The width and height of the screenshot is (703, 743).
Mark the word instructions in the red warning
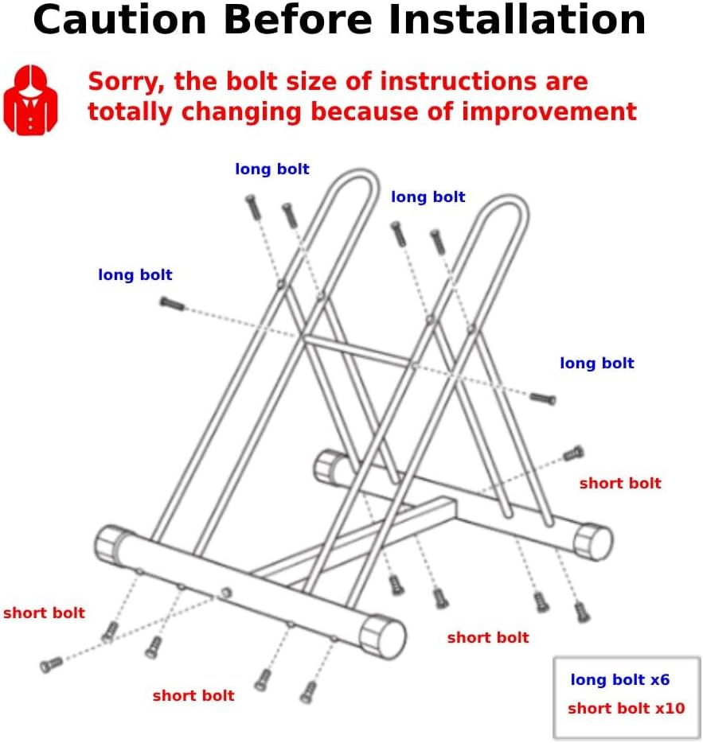point(467,82)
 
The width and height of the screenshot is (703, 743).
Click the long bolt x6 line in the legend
point(619,680)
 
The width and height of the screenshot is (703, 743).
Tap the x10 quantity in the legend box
point(669,709)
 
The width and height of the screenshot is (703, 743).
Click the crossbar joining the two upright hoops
point(358,352)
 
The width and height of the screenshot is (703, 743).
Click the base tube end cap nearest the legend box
point(594,542)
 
